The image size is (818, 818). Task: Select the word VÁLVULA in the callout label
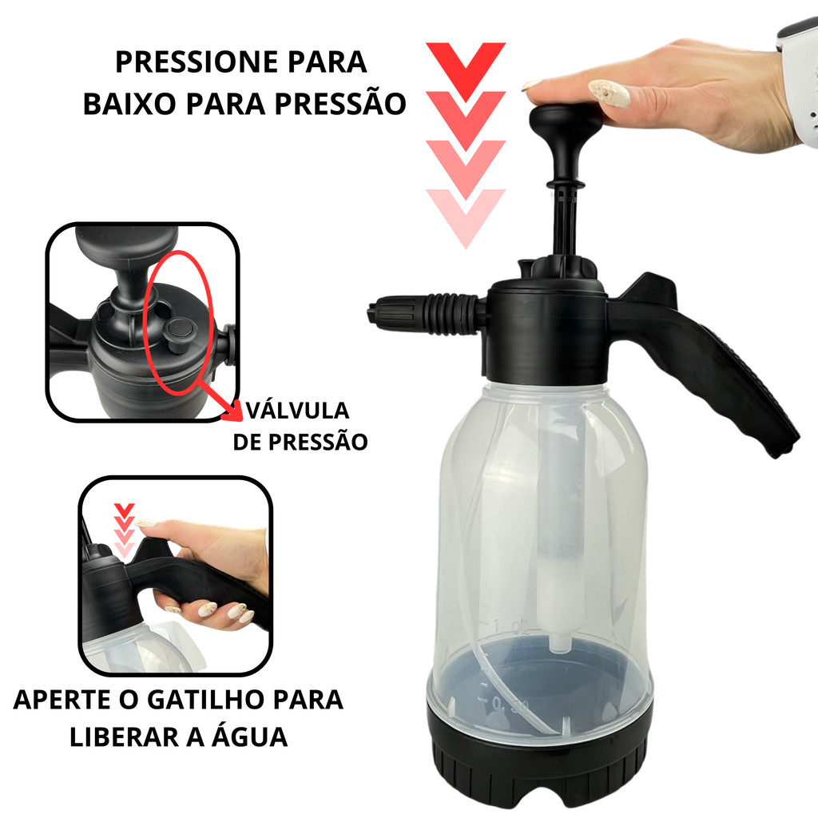297,411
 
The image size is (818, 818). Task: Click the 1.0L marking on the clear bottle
512,626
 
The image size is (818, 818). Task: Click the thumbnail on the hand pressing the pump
609,93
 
